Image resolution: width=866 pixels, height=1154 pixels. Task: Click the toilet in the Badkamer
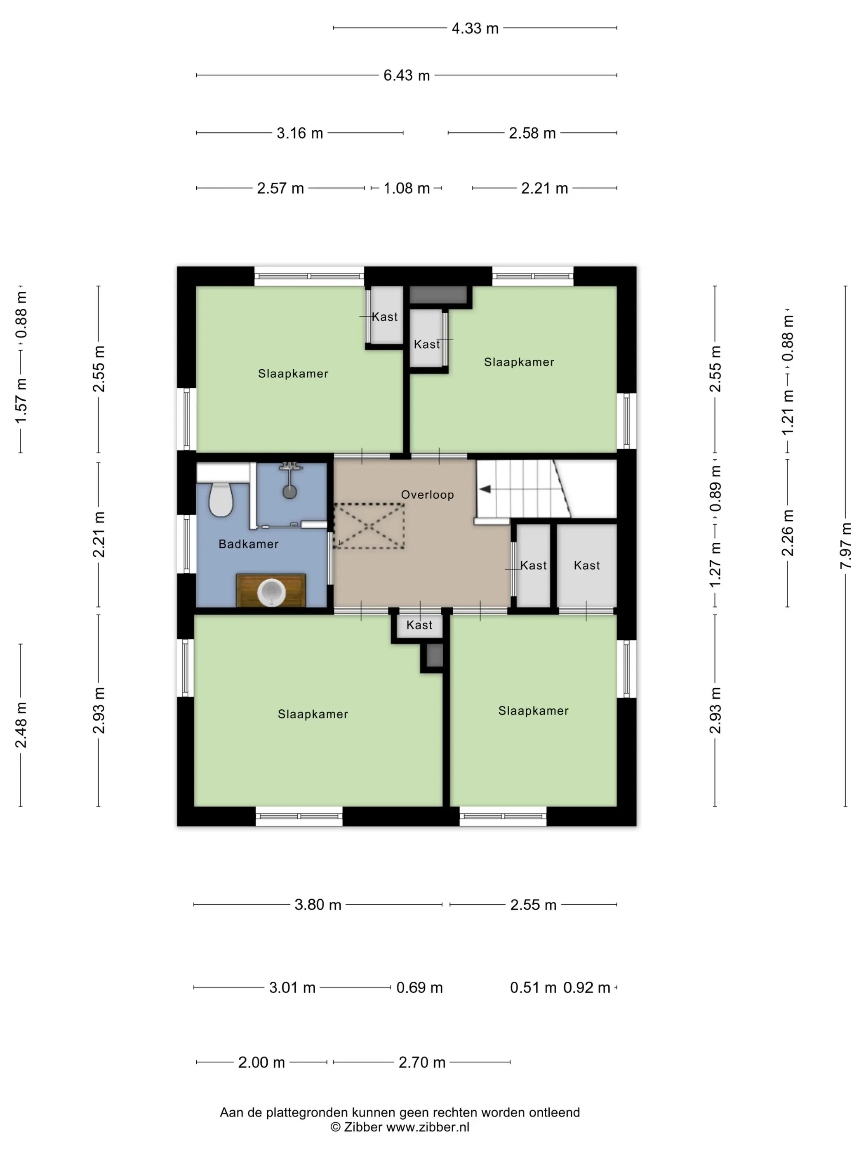pyautogui.click(x=220, y=499)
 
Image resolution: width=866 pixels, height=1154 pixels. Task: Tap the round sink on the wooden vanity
pyautogui.click(x=271, y=591)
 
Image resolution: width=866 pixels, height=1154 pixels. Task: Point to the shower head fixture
pyautogui.click(x=290, y=480)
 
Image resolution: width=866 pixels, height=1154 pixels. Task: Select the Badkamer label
pyautogui.click(x=249, y=544)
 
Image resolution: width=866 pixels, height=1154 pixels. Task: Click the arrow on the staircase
pyautogui.click(x=485, y=489)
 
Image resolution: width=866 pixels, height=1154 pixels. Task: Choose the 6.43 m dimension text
pyautogui.click(x=407, y=76)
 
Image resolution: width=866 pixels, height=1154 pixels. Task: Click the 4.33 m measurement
pyautogui.click(x=475, y=28)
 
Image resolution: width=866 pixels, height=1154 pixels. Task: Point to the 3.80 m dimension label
pyautogui.click(x=318, y=905)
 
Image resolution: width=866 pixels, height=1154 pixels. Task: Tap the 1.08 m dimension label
pyautogui.click(x=407, y=188)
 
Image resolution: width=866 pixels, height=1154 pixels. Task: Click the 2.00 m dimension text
pyautogui.click(x=261, y=1062)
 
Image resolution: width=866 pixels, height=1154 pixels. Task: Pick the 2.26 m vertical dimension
pyautogui.click(x=787, y=532)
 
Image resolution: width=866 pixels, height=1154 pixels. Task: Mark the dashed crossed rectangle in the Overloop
pyautogui.click(x=369, y=526)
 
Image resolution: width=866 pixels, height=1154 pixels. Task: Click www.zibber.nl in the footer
pyautogui.click(x=428, y=1127)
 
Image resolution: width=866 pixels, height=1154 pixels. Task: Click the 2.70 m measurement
pyautogui.click(x=422, y=1062)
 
